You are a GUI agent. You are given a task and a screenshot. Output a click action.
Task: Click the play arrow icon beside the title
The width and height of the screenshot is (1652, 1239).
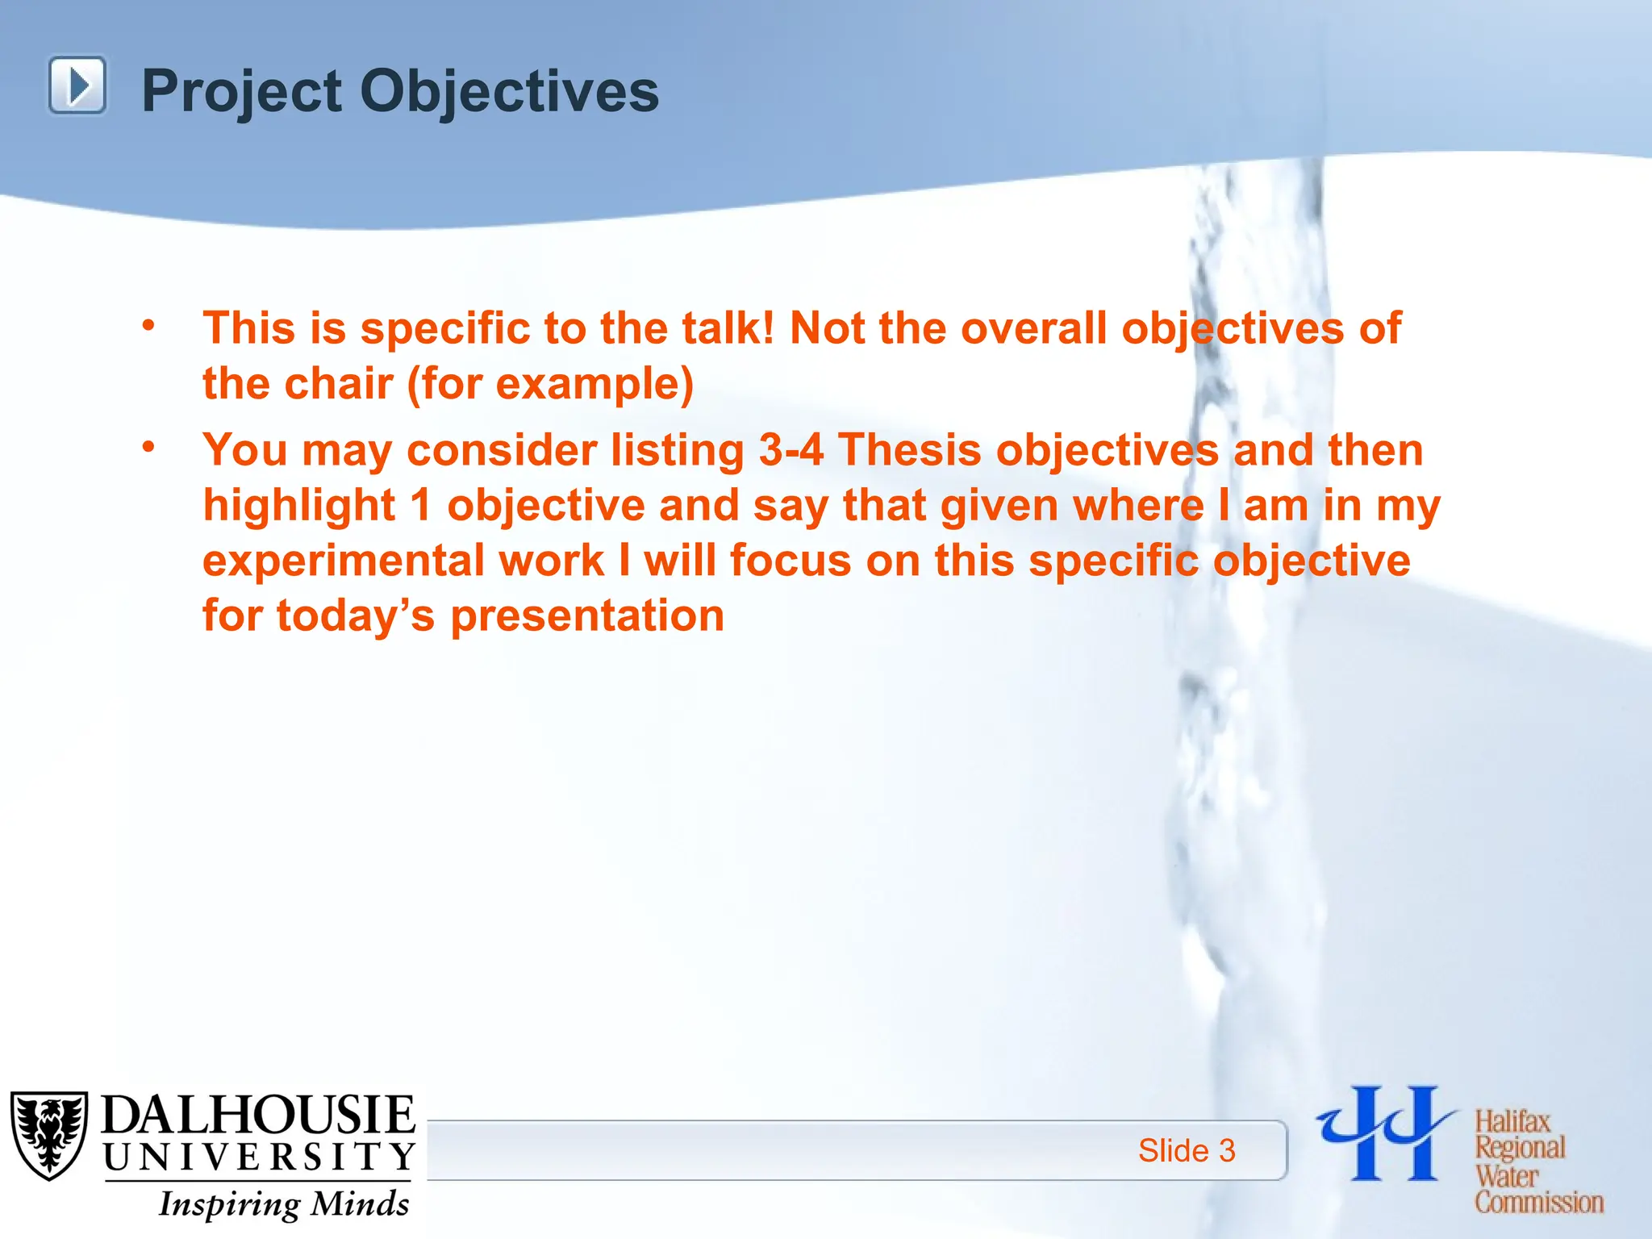77,86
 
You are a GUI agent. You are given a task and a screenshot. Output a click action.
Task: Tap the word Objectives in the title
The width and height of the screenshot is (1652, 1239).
509,91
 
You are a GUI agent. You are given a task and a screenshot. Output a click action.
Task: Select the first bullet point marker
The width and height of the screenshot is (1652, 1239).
148,326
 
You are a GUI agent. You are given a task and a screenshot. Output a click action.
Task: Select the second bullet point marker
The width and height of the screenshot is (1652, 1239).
148,447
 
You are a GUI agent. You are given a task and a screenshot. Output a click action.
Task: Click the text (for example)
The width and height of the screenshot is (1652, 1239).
551,385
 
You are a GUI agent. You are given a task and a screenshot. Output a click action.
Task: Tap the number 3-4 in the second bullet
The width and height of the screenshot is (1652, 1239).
791,450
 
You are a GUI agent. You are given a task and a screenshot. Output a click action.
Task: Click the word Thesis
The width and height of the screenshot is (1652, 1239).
909,450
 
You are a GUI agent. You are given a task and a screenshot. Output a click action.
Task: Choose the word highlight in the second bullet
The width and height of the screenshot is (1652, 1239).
298,506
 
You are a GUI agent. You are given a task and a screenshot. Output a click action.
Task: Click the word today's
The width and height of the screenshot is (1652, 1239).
355,616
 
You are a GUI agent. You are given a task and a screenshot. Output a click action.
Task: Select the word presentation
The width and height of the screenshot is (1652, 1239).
587,617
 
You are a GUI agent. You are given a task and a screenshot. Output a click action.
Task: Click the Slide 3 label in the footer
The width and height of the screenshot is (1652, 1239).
1186,1150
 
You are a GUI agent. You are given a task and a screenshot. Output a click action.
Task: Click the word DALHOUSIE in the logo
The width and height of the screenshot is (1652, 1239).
258,1116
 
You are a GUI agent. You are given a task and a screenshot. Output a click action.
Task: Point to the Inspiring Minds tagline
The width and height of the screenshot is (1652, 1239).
284,1204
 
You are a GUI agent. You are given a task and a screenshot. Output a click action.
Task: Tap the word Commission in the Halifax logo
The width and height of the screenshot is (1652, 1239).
1539,1202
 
